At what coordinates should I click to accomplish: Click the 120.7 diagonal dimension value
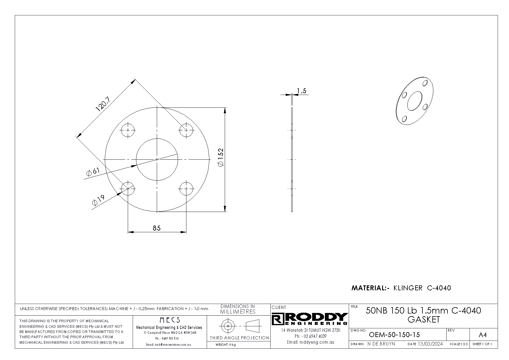(x=102, y=104)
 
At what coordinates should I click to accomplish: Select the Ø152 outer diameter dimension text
(x=221, y=158)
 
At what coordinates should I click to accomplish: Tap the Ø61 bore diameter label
(x=93, y=172)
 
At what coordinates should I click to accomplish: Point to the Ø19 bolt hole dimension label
(x=98, y=201)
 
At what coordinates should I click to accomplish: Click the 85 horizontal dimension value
(x=157, y=228)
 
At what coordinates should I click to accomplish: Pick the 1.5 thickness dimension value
(x=302, y=91)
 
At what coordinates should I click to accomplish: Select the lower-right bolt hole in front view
(x=186, y=189)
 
